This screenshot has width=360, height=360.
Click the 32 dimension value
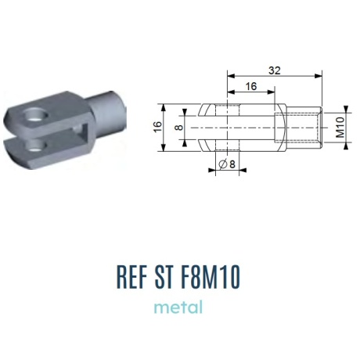[x=275, y=70]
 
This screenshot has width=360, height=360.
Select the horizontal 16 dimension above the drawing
[x=251, y=86]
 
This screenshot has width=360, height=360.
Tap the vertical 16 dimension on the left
[x=157, y=127]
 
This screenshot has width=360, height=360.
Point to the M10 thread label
[x=340, y=127]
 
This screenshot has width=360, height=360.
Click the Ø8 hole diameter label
[x=227, y=164]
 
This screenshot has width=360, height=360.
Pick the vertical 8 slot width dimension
[x=179, y=128]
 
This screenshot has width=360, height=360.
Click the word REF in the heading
[x=131, y=277]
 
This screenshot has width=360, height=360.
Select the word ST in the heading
[x=164, y=277]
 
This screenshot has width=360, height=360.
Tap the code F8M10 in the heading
[x=211, y=277]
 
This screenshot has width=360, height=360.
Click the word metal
[x=178, y=307]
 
